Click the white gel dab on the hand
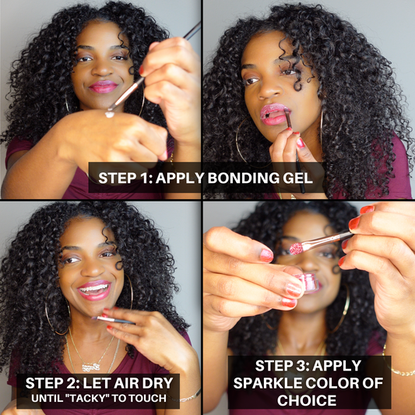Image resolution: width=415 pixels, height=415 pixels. tap(110, 114)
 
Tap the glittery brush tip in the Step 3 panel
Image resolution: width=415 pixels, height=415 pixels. tap(297, 248)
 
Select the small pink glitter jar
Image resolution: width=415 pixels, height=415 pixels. tap(307, 283)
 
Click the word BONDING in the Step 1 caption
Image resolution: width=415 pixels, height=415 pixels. tap(243, 178)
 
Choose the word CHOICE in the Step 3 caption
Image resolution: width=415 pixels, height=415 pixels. tap(307, 400)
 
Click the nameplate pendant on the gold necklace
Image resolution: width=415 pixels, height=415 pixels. tap(91, 367)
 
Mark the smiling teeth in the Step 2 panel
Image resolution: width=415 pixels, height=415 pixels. tap(94, 288)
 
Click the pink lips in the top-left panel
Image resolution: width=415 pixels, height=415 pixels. tap(103, 86)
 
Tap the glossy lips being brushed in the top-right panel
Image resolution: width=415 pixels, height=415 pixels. tap(273, 114)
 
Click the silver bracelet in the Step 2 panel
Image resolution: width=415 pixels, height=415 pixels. tap(189, 396)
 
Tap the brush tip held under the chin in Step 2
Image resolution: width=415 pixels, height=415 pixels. tap(95, 318)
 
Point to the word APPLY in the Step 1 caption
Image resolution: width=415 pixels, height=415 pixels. tap(180, 178)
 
